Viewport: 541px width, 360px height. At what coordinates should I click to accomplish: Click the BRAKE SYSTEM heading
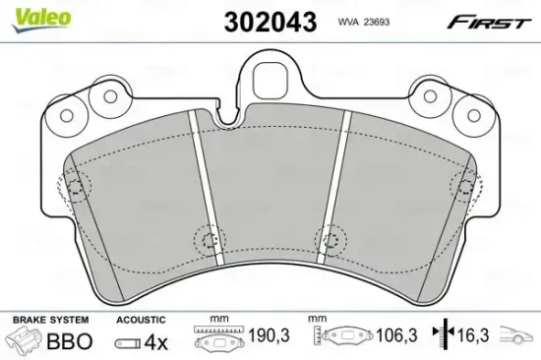pos(49,321)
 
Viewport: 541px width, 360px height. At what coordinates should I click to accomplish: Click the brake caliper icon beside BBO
pos(28,342)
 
